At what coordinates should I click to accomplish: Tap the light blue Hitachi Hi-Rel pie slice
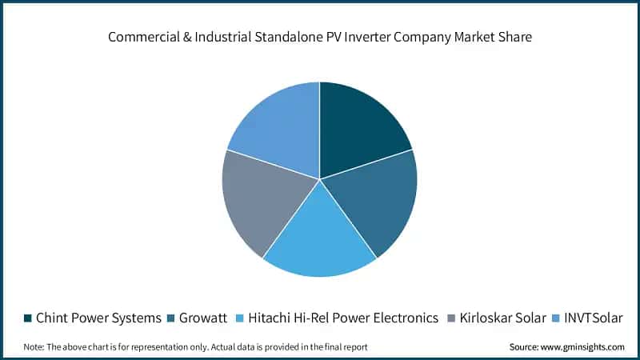pyautogui.click(x=320, y=240)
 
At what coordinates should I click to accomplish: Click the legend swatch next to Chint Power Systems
pyautogui.click(x=27, y=318)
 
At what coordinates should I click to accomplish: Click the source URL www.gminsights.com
pyautogui.click(x=584, y=346)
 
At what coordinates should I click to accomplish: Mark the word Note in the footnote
pyautogui.click(x=34, y=346)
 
